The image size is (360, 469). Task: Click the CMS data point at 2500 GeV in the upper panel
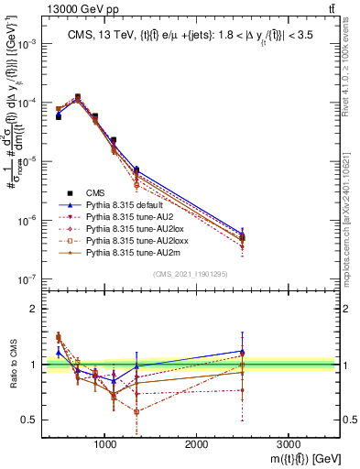pyautogui.click(x=242, y=238)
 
